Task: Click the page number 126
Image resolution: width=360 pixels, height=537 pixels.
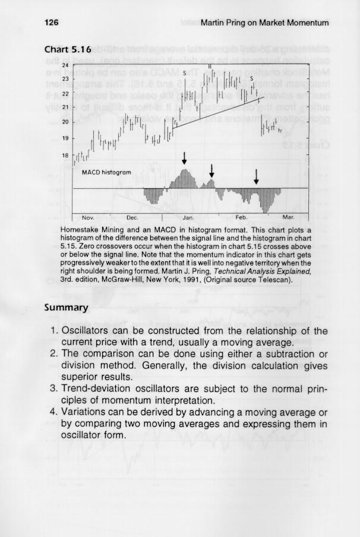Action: [x=52, y=23]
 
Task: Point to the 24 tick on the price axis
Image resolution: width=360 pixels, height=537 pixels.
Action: [x=65, y=64]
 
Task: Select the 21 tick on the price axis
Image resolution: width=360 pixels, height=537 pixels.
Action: [x=65, y=108]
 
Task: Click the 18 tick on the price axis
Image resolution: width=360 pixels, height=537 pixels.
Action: [x=65, y=155]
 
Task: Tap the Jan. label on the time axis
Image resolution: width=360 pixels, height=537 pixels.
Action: [x=182, y=217]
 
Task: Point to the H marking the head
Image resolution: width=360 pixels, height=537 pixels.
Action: [x=210, y=66]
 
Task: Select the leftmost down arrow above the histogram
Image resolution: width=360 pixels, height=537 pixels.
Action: [x=185, y=158]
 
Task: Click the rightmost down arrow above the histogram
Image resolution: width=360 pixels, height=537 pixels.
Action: [x=256, y=176]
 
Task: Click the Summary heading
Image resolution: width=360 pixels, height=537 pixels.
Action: [x=67, y=308]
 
